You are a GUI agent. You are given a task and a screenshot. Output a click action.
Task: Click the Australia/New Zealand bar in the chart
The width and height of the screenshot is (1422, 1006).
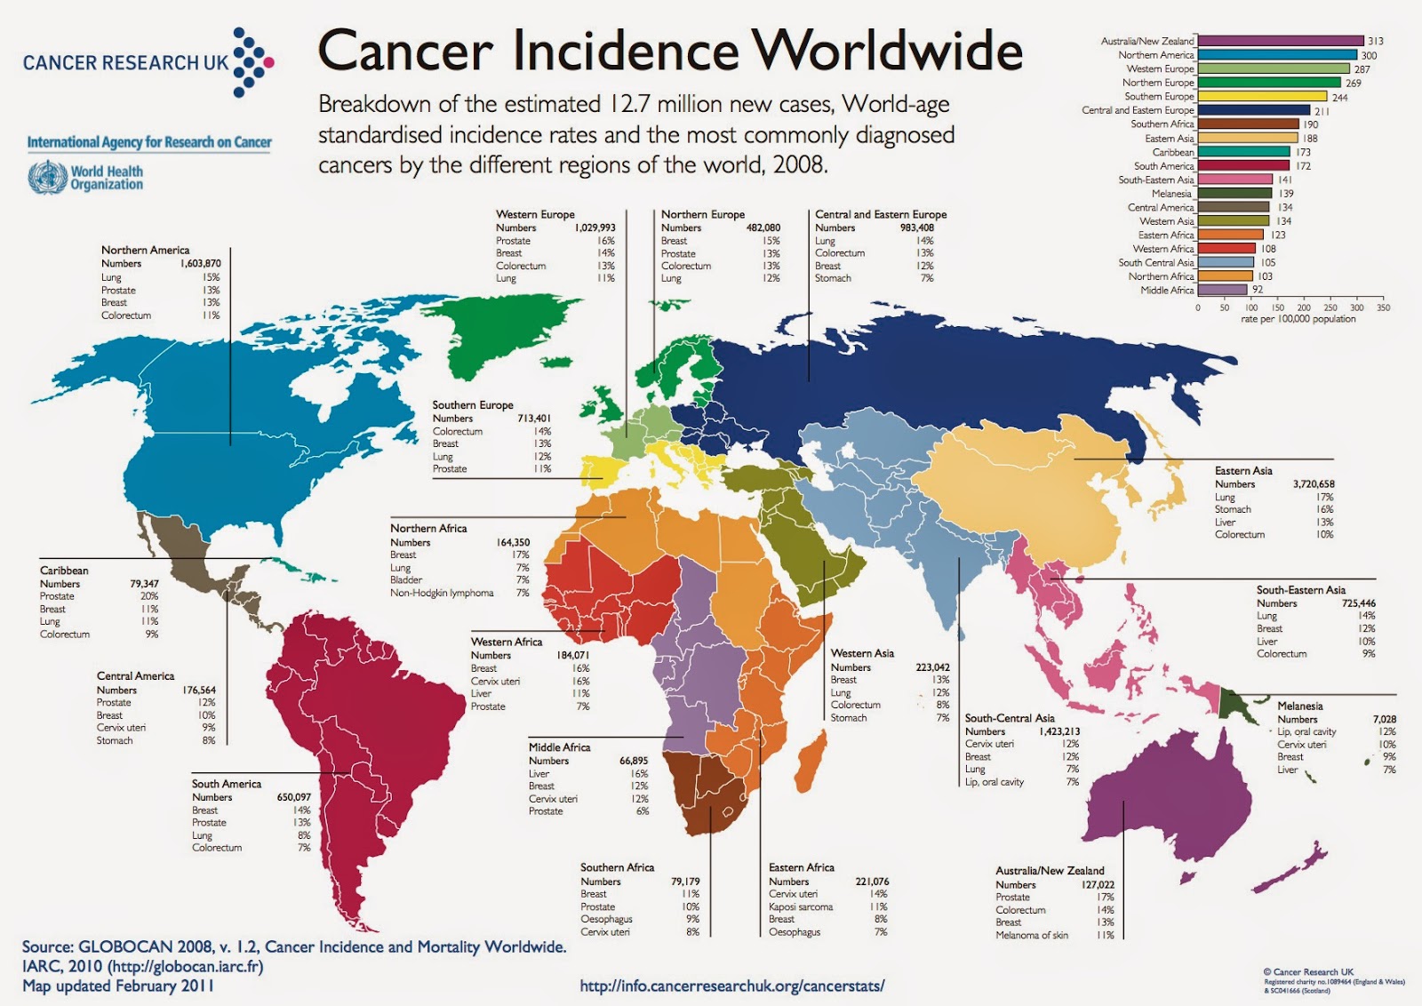pos(1280,41)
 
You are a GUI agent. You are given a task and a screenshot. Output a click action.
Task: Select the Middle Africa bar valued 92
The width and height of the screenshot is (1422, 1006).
pos(1222,290)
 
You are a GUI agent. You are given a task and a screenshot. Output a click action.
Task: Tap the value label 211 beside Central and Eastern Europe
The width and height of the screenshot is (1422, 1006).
pos(1322,111)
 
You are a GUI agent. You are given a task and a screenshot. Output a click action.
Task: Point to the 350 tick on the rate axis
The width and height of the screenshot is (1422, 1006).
pos(1383,307)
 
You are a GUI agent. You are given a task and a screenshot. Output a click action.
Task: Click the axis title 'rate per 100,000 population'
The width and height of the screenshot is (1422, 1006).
pos(1298,319)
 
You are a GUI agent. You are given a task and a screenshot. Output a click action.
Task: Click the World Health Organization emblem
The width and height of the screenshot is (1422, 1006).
pos(46,178)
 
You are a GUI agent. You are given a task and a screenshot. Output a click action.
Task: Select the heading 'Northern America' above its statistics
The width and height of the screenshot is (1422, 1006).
pos(145,250)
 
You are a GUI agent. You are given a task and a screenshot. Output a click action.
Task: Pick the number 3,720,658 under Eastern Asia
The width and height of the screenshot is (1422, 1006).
pos(1313,484)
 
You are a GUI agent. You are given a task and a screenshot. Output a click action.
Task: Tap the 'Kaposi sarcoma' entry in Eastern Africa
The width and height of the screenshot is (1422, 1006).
pos(801,907)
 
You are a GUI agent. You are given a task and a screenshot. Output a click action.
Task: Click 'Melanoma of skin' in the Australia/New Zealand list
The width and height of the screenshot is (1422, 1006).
pos(1031,935)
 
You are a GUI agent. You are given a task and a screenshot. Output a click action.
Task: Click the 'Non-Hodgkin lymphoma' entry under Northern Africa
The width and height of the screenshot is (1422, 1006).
pos(442,593)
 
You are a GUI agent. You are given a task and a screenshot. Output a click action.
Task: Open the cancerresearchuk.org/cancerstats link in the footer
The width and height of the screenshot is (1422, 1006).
pos(731,986)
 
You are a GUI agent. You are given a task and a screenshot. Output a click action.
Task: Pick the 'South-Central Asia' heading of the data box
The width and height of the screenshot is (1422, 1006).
pos(1010,718)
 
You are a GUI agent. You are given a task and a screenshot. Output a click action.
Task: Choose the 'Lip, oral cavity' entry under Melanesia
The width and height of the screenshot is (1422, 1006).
pos(1306,731)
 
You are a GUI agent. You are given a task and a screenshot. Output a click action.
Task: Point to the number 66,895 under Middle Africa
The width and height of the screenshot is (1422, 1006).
pos(633,761)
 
